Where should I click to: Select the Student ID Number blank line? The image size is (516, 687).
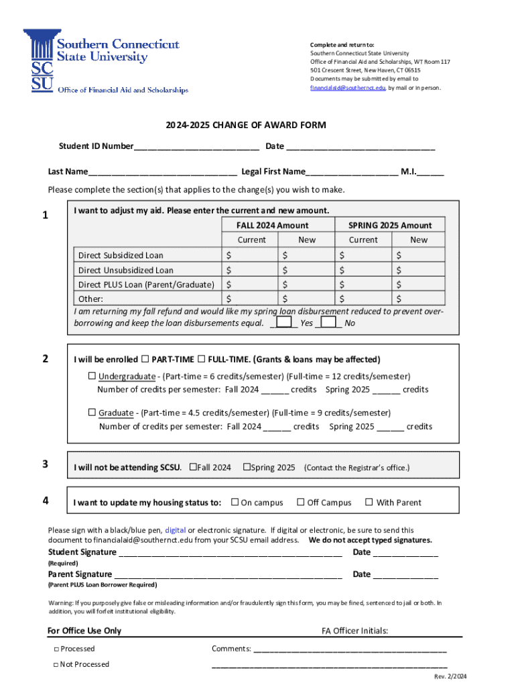pyautogui.click(x=196, y=147)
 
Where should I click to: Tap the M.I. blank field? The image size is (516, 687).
pyautogui.click(x=430, y=172)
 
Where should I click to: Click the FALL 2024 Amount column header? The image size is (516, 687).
pyautogui.click(x=272, y=225)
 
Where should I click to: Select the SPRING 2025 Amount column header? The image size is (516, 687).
pyautogui.click(x=390, y=225)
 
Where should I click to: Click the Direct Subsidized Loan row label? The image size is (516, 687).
pyautogui.click(x=121, y=256)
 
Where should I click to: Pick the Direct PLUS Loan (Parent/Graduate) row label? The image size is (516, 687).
pyautogui.click(x=146, y=285)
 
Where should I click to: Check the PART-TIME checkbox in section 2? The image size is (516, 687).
pyautogui.click(x=145, y=359)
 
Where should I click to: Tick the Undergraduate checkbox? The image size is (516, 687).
pyautogui.click(x=92, y=376)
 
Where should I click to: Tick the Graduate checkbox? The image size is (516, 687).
pyautogui.click(x=92, y=412)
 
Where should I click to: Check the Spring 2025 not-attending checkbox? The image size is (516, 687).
pyautogui.click(x=247, y=467)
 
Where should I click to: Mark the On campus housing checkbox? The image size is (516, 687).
pyautogui.click(x=235, y=502)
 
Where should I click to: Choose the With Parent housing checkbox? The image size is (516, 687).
pyautogui.click(x=369, y=502)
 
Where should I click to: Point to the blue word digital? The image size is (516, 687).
pyautogui.click(x=176, y=530)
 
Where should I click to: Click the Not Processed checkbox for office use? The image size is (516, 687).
pyautogui.click(x=56, y=665)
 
